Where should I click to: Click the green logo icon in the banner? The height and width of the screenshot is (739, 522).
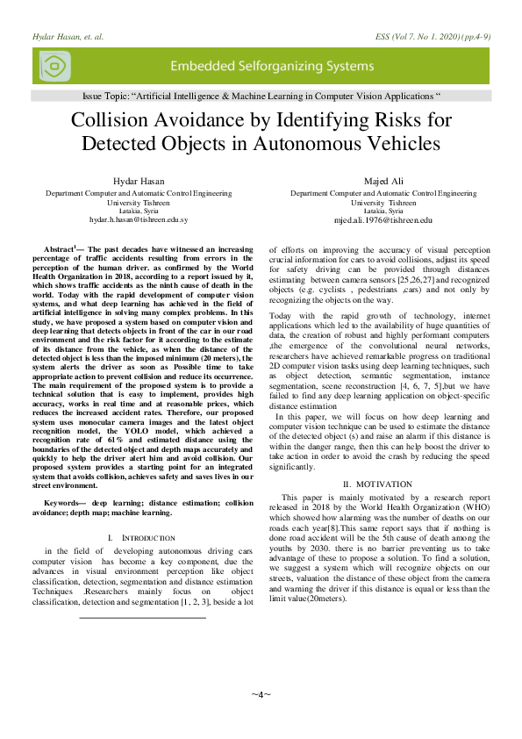coord(54,67)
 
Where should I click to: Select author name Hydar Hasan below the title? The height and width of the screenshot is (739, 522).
coord(139,181)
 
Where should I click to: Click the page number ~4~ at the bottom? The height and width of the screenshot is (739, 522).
coord(261,693)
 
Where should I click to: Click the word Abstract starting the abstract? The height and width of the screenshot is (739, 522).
coord(61,252)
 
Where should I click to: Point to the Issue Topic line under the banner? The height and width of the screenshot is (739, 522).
coord(261,94)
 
